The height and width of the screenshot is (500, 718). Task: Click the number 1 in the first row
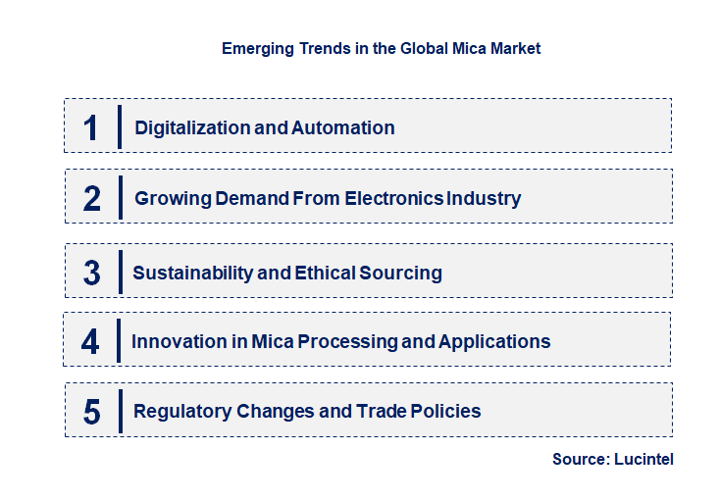tap(91, 128)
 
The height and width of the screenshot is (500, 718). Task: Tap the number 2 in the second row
tap(92, 199)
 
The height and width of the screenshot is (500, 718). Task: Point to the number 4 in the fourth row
tap(91, 342)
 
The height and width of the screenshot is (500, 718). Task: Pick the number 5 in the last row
tap(92, 412)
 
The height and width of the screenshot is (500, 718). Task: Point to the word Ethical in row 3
tap(328, 273)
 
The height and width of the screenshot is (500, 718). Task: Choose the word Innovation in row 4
tap(179, 341)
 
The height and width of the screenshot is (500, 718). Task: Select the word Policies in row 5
tap(446, 411)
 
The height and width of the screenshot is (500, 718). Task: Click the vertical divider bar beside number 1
tap(119, 126)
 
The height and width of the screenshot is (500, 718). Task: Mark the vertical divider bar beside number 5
tap(119, 410)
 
